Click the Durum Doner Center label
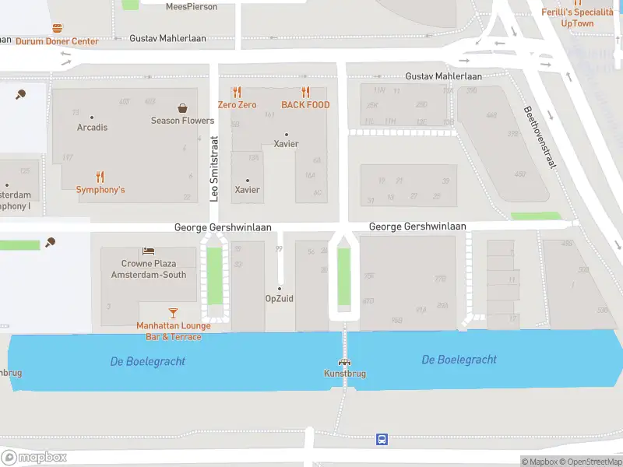pyautogui.click(x=57, y=41)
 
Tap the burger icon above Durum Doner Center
pyautogui.click(x=57, y=28)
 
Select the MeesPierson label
pyautogui.click(x=192, y=6)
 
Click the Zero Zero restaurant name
pyautogui.click(x=237, y=105)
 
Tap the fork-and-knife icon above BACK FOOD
pyautogui.click(x=305, y=92)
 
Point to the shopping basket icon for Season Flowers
pyautogui.click(x=182, y=108)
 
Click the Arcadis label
pyautogui.click(x=92, y=128)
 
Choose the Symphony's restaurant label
pyautogui.click(x=100, y=190)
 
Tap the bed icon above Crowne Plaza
pyautogui.click(x=148, y=251)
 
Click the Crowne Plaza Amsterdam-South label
pyautogui.click(x=148, y=269)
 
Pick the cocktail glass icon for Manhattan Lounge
pyautogui.click(x=173, y=312)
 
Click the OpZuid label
pyautogui.click(x=280, y=298)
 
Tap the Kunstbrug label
pyautogui.click(x=344, y=374)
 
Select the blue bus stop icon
pyautogui.click(x=382, y=439)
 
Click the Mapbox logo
pyautogui.click(x=34, y=457)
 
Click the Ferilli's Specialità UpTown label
pyautogui.click(x=577, y=17)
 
